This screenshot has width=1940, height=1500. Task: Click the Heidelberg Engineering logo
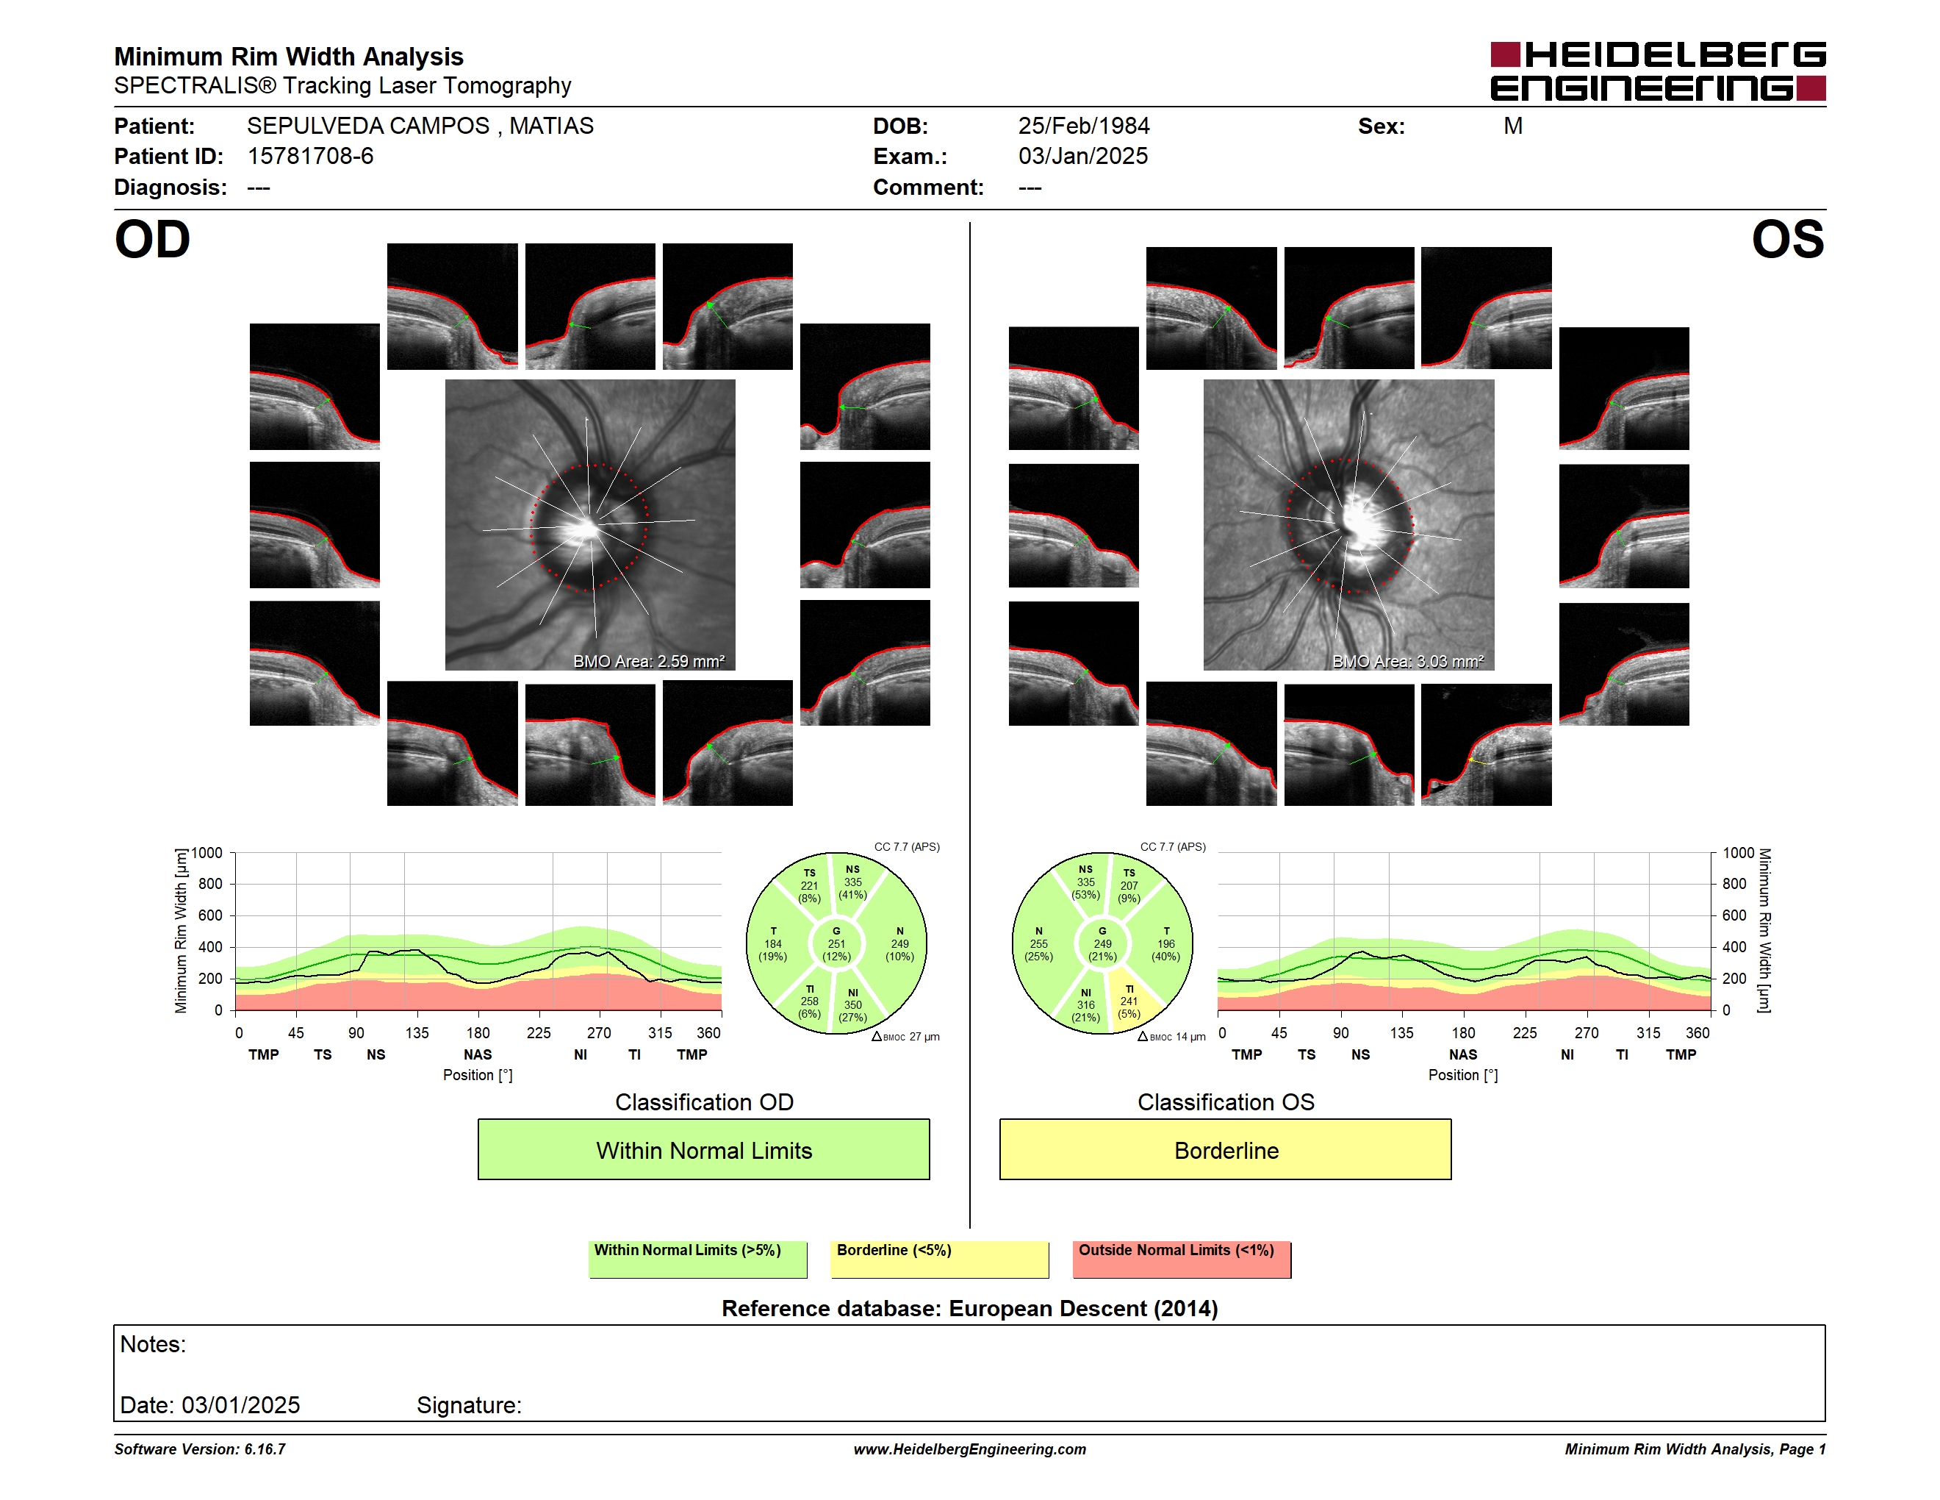coord(1658,71)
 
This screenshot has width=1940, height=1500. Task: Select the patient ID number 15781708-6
coord(310,157)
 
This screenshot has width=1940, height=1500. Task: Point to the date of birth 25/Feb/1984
coord(1084,126)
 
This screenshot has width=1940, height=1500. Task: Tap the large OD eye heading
coord(153,240)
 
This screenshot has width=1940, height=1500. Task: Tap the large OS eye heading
coord(1787,240)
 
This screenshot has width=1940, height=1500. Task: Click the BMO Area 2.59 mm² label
coord(648,661)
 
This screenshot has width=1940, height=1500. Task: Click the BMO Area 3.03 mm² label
coord(1408,661)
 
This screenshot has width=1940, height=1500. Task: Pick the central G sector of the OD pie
coord(836,943)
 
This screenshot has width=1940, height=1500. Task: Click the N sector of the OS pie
coord(1038,943)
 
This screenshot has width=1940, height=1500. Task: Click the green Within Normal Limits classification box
coord(703,1150)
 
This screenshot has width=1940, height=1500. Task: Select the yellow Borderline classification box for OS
coord(1226,1150)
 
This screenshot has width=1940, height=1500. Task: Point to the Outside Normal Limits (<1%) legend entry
coord(1182,1259)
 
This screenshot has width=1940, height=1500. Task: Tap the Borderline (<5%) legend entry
coord(940,1259)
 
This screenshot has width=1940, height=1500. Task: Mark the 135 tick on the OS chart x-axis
coord(1401,1032)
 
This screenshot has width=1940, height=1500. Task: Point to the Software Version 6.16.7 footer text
coord(200,1449)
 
